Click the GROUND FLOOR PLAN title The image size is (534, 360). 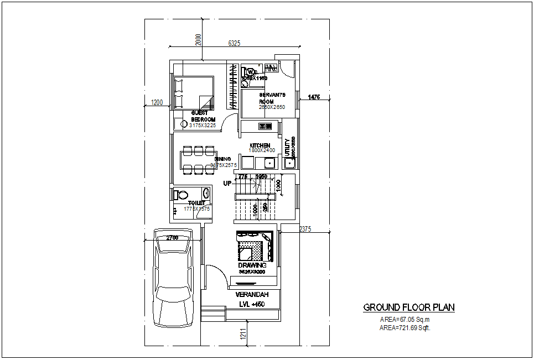[409, 307]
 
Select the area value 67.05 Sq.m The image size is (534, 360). [405, 320]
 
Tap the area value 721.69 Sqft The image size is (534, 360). [405, 328]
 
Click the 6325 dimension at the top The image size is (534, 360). [234, 43]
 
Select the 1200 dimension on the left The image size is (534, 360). [157, 102]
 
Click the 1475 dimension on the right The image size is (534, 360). [313, 97]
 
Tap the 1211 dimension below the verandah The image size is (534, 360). [243, 333]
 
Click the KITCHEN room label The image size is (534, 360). [260, 145]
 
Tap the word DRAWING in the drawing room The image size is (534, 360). [252, 265]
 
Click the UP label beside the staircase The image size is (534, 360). [227, 183]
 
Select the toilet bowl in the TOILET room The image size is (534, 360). [182, 195]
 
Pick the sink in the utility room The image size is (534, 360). [289, 163]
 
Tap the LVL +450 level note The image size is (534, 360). [252, 304]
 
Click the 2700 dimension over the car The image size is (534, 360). [172, 237]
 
